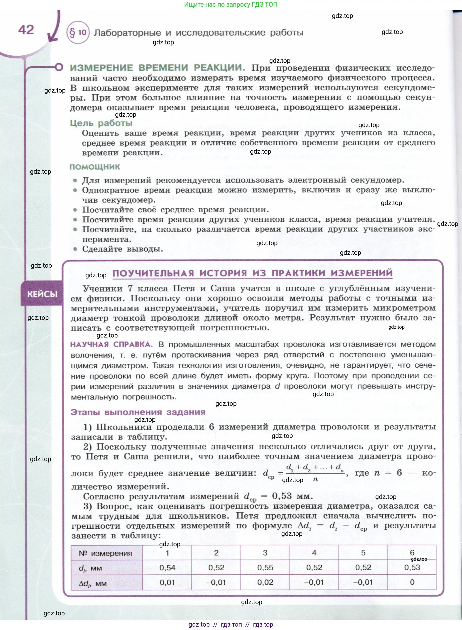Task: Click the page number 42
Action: pyautogui.click(x=26, y=30)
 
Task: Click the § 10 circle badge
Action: pyautogui.click(x=78, y=33)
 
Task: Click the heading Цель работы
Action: pyautogui.click(x=101, y=123)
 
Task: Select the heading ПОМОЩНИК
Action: pyautogui.click(x=95, y=167)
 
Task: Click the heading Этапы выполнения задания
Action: pyautogui.click(x=138, y=412)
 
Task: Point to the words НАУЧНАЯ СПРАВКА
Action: pyautogui.click(x=111, y=344)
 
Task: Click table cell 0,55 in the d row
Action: pyautogui.click(x=265, y=567)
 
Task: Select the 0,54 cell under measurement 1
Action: pyautogui.click(x=167, y=567)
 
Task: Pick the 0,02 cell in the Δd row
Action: pyautogui.click(x=265, y=582)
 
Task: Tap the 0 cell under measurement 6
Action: pyautogui.click(x=412, y=582)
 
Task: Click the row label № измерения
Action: pyautogui.click(x=105, y=553)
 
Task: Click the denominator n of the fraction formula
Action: pyautogui.click(x=315, y=479)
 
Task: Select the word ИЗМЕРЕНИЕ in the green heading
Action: pyautogui.click(x=101, y=68)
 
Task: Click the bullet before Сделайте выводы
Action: pyautogui.click(x=75, y=249)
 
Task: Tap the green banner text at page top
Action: pyautogui.click(x=231, y=4)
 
